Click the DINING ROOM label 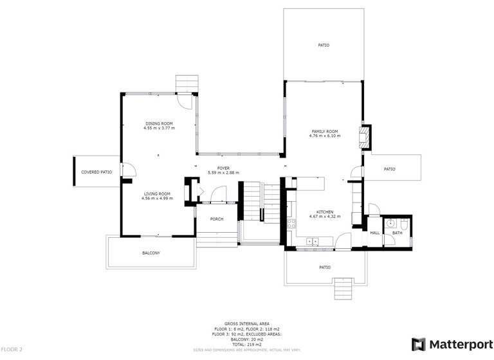[x=159, y=123]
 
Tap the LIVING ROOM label [x=157, y=194]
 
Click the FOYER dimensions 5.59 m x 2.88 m [x=223, y=173]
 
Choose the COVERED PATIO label [x=96, y=172]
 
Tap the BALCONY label [x=151, y=253]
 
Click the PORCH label [x=217, y=219]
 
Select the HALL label [x=374, y=233]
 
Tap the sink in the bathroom [x=390, y=224]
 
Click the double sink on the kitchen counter [x=313, y=242]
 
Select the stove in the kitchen [x=292, y=224]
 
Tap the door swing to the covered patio [x=128, y=169]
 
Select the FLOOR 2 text [x=12, y=349]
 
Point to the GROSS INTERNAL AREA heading [x=247, y=323]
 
